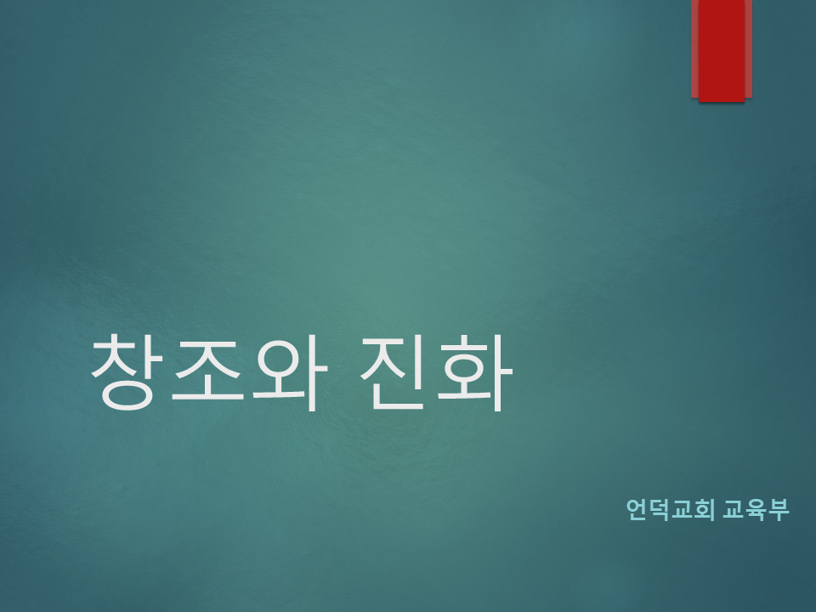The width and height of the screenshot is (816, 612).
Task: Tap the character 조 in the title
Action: (x=207, y=369)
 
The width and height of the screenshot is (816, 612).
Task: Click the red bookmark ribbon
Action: (x=722, y=50)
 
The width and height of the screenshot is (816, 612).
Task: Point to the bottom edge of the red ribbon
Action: (x=722, y=101)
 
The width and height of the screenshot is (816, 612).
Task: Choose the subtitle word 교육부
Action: (x=756, y=509)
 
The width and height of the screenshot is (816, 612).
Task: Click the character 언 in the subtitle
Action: (x=637, y=509)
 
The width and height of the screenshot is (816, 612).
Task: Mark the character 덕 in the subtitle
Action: (x=659, y=509)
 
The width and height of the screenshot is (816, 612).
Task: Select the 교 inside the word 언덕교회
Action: (x=681, y=509)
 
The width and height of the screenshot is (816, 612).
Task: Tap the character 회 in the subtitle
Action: (x=704, y=509)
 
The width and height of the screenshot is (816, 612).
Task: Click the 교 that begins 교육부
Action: (x=734, y=509)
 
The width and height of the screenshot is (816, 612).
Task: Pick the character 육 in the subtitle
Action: (x=756, y=509)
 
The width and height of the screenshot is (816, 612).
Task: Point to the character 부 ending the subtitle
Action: (x=779, y=509)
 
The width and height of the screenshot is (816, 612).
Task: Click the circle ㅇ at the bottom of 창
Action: (x=128, y=395)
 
